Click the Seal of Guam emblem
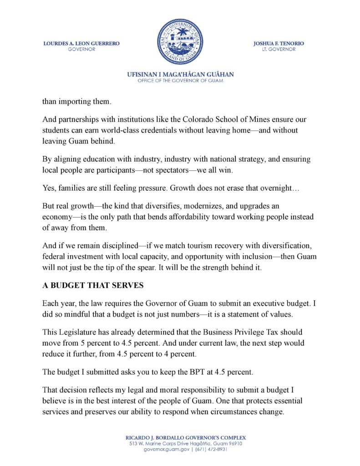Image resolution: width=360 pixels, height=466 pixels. (x=180, y=41)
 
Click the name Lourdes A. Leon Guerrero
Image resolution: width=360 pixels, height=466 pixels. (x=81, y=43)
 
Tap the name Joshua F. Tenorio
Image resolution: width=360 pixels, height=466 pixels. (x=279, y=43)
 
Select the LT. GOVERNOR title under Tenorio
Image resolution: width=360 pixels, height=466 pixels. (x=279, y=49)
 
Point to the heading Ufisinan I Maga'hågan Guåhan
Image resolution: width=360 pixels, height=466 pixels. (x=180, y=74)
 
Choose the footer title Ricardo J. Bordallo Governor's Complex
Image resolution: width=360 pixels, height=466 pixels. (x=180, y=437)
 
